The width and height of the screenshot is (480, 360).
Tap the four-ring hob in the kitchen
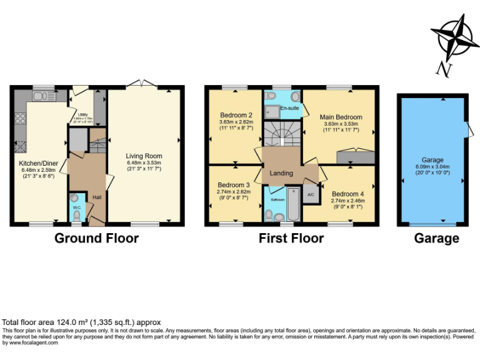click(x=19, y=117)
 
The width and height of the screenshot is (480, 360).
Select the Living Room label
click(x=144, y=156)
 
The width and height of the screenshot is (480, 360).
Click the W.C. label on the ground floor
click(x=76, y=207)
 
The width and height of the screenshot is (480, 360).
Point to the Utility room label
click(x=82, y=114)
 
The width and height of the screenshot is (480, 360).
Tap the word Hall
click(x=97, y=197)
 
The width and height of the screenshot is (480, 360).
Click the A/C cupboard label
click(x=310, y=195)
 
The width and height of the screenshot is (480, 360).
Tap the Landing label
click(x=281, y=173)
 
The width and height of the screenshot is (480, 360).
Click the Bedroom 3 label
click(x=233, y=185)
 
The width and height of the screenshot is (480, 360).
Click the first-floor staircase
click(x=281, y=134)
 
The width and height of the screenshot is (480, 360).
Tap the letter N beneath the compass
click(x=443, y=68)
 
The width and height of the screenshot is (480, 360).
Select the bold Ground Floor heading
click(x=96, y=238)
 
